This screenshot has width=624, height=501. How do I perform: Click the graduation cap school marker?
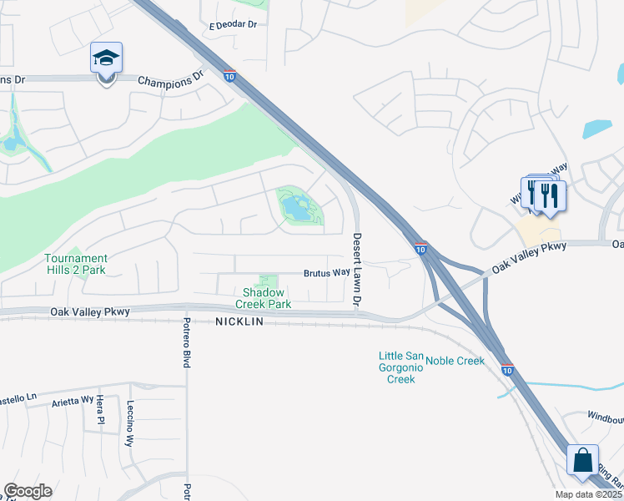tap(106, 58)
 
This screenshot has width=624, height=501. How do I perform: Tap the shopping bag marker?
tap(581, 460)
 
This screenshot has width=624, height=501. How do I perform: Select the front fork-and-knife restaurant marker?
tap(550, 195)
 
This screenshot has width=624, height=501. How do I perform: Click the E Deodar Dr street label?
tap(233, 25)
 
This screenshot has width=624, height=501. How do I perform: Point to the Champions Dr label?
tap(170, 80)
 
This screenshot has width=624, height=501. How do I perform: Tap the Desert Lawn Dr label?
tap(357, 268)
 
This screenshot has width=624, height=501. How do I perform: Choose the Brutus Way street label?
tap(325, 273)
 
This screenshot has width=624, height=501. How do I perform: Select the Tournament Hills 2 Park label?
tap(75, 264)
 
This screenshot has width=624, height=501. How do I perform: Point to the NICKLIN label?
tap(239, 322)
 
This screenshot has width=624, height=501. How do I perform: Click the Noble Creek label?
tap(455, 361)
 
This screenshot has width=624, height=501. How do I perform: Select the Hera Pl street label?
tap(98, 410)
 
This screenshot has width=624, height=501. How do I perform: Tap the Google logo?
tap(28, 491)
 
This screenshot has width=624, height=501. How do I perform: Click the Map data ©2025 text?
tap(589, 494)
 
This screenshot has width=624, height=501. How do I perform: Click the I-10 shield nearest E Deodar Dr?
tap(229, 76)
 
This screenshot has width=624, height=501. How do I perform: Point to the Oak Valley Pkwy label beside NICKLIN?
tap(90, 311)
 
